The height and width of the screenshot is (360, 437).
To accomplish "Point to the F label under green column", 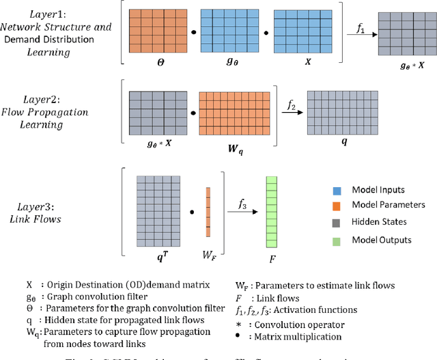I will [x=272, y=260].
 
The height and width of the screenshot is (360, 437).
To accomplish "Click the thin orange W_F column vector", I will [x=208, y=212].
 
